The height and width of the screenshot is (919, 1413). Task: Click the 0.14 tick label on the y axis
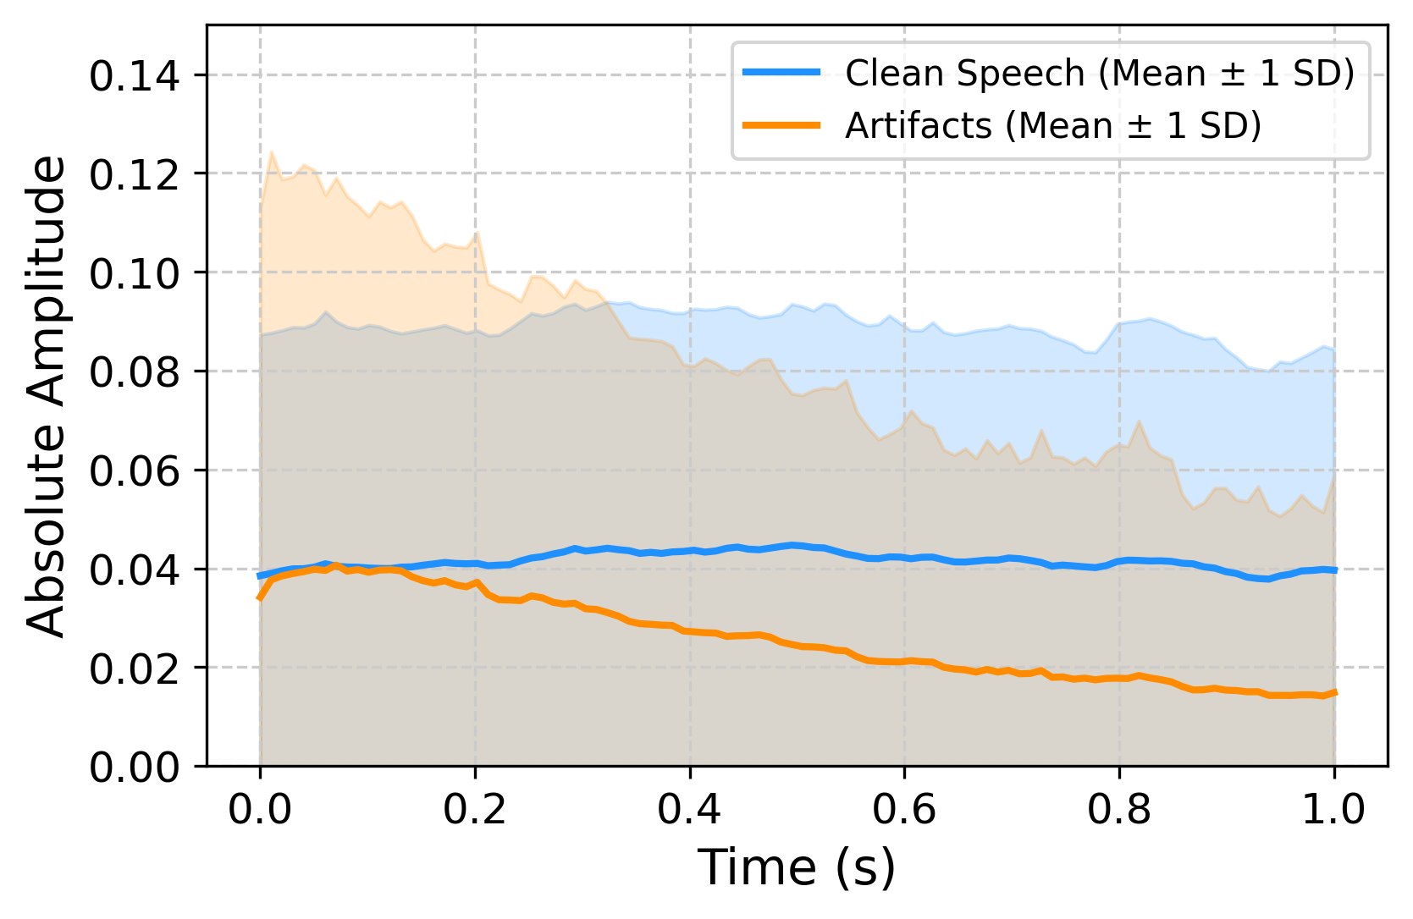click(x=135, y=76)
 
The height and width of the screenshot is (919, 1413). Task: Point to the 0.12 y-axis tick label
click(x=135, y=174)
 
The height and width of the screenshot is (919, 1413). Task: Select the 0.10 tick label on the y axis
click(x=135, y=273)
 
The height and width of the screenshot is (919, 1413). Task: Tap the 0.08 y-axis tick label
click(x=135, y=372)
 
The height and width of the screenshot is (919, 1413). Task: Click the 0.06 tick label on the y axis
click(x=135, y=471)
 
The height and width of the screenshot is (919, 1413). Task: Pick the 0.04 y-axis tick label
click(x=135, y=570)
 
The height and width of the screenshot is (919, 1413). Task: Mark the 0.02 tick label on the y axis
click(x=135, y=669)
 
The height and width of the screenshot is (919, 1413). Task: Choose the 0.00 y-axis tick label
click(x=135, y=768)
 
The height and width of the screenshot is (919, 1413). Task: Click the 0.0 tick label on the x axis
click(x=260, y=810)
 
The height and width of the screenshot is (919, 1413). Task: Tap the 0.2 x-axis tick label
click(x=475, y=810)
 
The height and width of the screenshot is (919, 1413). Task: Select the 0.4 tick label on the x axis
click(x=690, y=810)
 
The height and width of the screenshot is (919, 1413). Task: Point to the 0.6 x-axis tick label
click(x=905, y=810)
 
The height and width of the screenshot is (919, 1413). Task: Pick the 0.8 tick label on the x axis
click(x=1120, y=810)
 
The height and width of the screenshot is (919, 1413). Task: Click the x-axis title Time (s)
click(x=797, y=868)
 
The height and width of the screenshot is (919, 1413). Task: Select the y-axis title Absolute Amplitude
click(x=47, y=395)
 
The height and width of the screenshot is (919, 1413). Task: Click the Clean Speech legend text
click(x=1100, y=74)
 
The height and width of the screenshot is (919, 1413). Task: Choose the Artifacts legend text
click(x=1053, y=126)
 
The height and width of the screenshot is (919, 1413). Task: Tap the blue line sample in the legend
click(x=781, y=73)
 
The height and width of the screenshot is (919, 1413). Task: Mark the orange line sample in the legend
click(x=781, y=125)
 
